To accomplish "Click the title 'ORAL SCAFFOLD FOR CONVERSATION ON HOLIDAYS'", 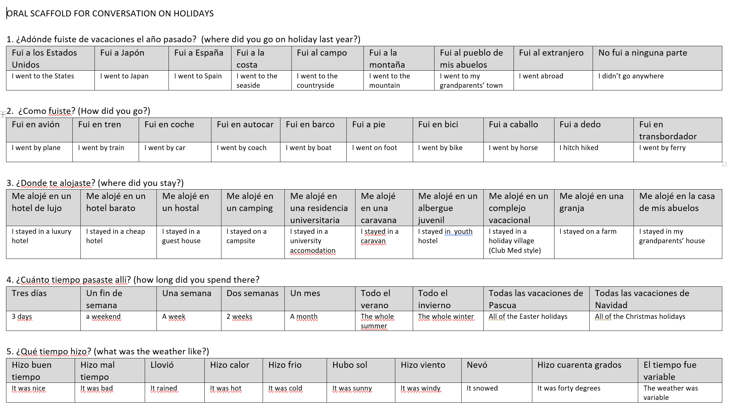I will click(110, 14).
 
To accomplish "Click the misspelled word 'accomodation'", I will click(313, 251).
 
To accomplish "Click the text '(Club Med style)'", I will click(515, 251).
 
